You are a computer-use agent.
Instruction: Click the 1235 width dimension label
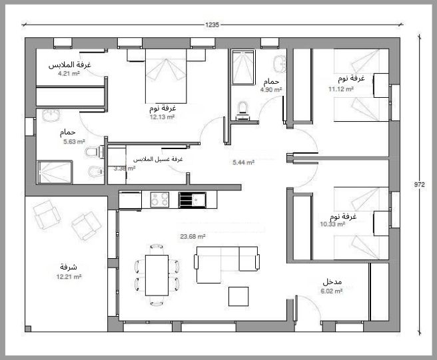click(x=212, y=25)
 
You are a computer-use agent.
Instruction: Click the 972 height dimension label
click(x=420, y=184)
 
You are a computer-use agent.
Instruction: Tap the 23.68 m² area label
click(x=193, y=237)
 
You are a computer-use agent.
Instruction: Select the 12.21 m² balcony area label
click(x=69, y=277)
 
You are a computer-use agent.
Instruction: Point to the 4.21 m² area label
click(x=69, y=74)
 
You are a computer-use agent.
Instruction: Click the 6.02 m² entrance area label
click(x=331, y=291)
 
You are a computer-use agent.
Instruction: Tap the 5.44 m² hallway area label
click(x=243, y=162)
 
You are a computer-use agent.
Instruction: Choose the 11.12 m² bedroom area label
click(x=341, y=89)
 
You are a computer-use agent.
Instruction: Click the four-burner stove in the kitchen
click(x=160, y=200)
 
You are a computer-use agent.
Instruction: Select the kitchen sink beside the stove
click(x=193, y=200)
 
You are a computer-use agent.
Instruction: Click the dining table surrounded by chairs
click(x=157, y=275)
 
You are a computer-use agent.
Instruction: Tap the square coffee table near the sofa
click(x=238, y=297)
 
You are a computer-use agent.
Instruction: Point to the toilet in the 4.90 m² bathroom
click(x=242, y=111)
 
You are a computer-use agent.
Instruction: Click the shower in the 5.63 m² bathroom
click(x=55, y=172)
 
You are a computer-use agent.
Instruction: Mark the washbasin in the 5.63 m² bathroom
click(x=51, y=114)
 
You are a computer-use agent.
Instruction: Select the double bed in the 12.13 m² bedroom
click(x=166, y=76)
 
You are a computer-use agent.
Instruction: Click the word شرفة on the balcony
click(x=69, y=267)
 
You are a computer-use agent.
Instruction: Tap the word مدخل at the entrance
click(x=332, y=281)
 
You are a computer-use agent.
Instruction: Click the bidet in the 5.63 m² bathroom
click(x=95, y=171)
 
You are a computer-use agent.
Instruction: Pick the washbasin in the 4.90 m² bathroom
click(x=280, y=64)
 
